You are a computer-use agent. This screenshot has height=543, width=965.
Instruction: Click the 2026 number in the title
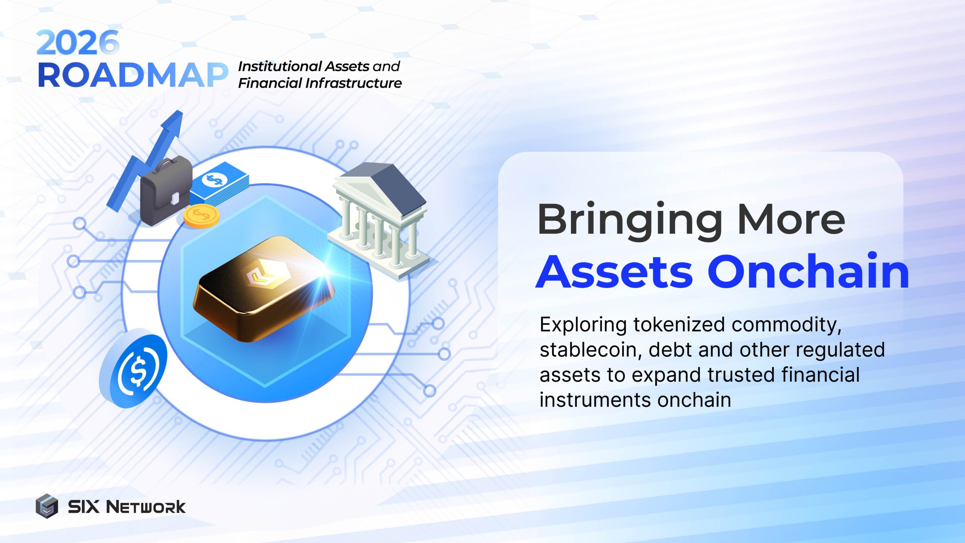point(78,43)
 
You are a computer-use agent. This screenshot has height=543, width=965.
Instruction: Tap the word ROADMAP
point(133,75)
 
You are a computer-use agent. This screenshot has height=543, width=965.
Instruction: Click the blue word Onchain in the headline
point(809,271)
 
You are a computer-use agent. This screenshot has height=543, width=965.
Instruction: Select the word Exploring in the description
point(583,324)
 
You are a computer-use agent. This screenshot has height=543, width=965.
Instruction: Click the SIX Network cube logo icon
point(47,506)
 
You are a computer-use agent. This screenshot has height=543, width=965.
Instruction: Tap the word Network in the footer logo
point(146,507)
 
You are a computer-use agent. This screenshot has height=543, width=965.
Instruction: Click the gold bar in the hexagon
point(264,288)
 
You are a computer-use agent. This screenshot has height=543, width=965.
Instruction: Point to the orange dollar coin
point(201,216)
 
